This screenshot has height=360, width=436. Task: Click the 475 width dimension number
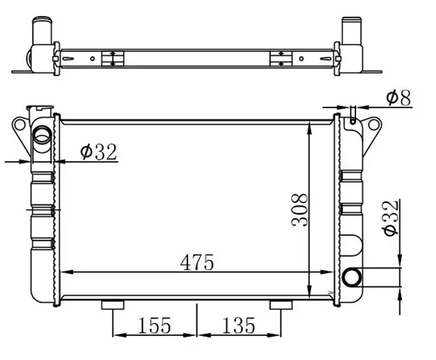198,262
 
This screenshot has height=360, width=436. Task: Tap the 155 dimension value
155,325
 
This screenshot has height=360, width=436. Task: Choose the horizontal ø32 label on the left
98,151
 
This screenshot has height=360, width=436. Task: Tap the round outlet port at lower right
353,277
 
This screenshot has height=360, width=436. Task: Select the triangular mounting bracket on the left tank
20,132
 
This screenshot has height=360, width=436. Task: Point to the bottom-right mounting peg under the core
278,305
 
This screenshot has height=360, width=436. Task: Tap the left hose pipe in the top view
41,33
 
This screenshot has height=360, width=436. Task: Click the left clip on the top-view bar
111,58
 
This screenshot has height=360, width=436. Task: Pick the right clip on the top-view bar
280,58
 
